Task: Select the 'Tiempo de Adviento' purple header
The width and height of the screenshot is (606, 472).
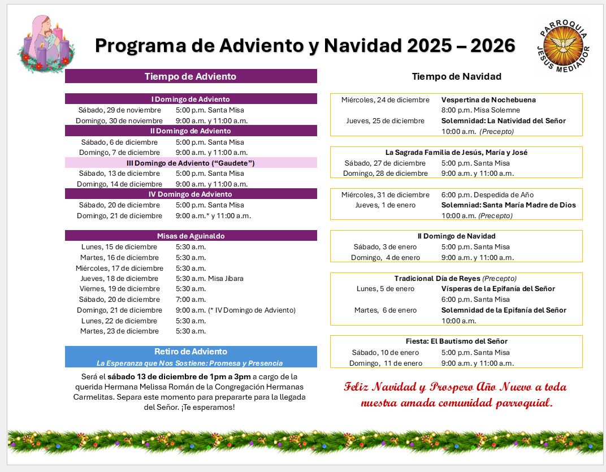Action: coord(191,76)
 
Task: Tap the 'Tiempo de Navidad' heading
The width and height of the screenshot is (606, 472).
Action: coord(456,76)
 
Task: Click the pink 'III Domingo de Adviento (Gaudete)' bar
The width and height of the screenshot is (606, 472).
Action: coord(191,163)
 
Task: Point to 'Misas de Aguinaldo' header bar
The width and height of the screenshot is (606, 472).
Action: coord(191,236)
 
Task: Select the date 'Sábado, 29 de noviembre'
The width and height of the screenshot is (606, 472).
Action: coord(120,110)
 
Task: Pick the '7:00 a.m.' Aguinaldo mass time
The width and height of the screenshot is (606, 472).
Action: coord(191,299)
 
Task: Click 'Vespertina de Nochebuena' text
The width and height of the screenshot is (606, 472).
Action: coord(488,99)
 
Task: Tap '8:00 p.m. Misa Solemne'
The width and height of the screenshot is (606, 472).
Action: coord(481,110)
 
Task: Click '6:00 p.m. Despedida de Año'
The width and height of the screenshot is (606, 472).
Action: coord(487,194)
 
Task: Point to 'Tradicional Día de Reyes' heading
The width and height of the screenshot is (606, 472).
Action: coord(437,278)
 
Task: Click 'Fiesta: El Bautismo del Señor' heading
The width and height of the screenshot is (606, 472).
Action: coord(456,341)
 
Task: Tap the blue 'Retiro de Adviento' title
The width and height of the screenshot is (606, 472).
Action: coord(191,352)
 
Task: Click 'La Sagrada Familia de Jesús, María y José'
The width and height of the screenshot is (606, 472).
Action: coord(456,152)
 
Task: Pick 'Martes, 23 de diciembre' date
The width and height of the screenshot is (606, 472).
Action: coord(119,331)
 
